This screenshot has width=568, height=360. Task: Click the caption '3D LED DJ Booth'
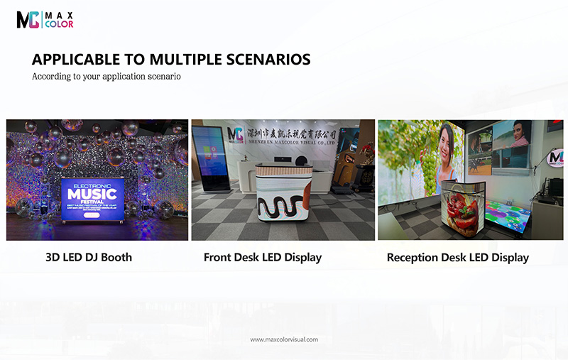tap(89, 257)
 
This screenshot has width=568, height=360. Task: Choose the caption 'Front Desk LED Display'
tap(263, 257)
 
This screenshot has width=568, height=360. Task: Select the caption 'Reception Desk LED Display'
tap(457, 258)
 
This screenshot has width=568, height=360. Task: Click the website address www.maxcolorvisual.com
tap(284, 339)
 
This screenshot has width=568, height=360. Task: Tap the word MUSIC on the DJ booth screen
tap(93, 194)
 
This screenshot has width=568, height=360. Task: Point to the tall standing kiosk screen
tap(209, 159)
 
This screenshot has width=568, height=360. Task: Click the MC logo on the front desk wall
tap(235, 135)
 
